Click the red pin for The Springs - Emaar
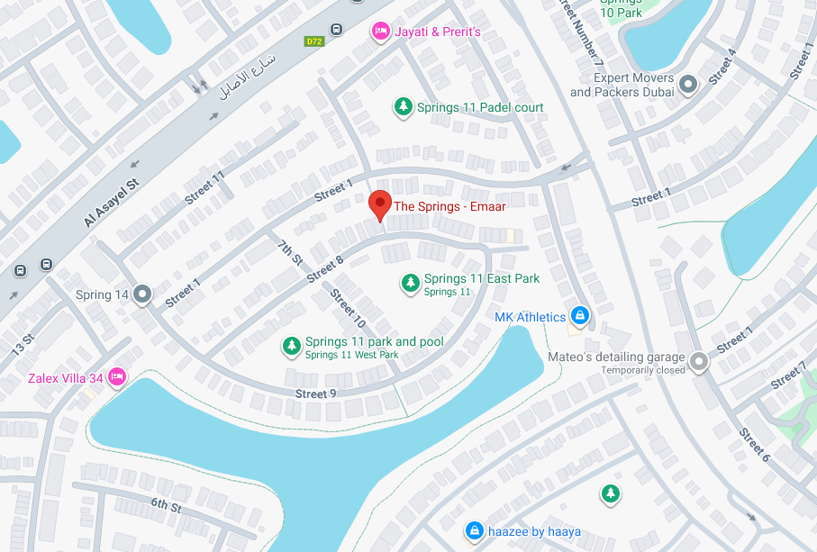pos(380,204)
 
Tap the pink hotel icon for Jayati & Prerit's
pos(380,32)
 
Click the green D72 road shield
pos(313,41)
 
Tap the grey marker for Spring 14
pos(142,294)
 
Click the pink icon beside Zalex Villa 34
pos(116,377)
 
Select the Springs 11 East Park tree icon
pos(411,284)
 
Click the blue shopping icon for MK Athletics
pos(580,316)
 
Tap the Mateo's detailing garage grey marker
pos(699,363)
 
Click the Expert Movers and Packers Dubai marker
pos(688,86)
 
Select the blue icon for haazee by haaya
pos(473,531)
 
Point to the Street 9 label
pos(315,394)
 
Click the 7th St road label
pos(290,252)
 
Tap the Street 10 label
pos(347,308)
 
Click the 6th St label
pos(166,506)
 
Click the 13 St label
pos(23,345)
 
